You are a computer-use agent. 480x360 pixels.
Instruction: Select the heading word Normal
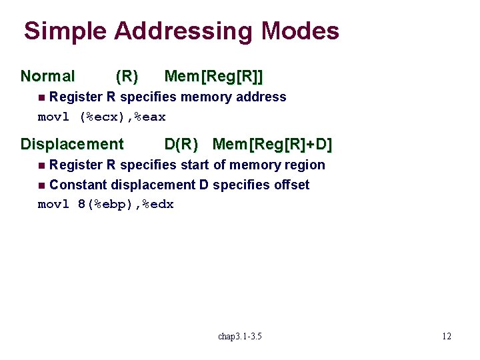point(48,77)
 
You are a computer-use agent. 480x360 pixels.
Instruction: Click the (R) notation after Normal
point(127,77)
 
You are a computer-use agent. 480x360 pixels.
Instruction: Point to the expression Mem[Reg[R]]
point(218,77)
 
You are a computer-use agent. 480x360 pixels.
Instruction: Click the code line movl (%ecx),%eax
point(101,117)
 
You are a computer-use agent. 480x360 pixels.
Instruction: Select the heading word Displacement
point(72,144)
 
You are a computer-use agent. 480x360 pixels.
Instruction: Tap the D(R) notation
point(181,144)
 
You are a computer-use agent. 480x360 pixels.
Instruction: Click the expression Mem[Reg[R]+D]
point(272,144)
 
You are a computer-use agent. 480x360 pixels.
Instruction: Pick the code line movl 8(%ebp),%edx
point(105,205)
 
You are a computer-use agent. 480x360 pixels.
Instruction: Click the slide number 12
point(446,336)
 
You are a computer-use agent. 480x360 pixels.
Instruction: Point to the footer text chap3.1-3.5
point(240,336)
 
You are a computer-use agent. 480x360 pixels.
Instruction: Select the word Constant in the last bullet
point(78,185)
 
